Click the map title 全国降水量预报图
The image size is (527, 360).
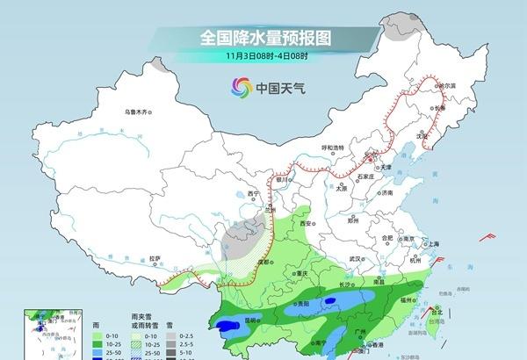click(x=269, y=39)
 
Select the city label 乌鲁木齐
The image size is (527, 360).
click(x=139, y=112)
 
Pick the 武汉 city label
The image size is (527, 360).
click(x=355, y=260)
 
